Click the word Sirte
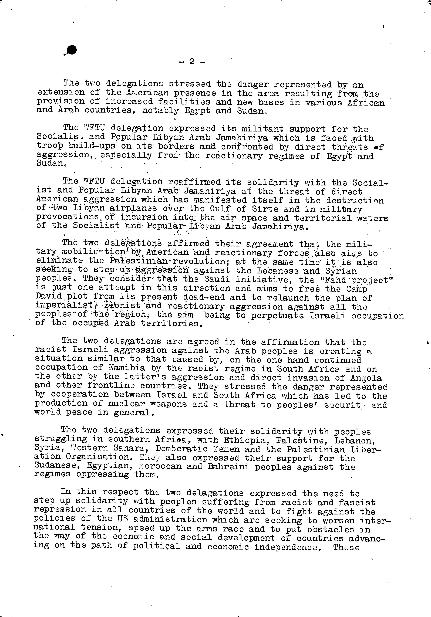[x=266, y=209]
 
